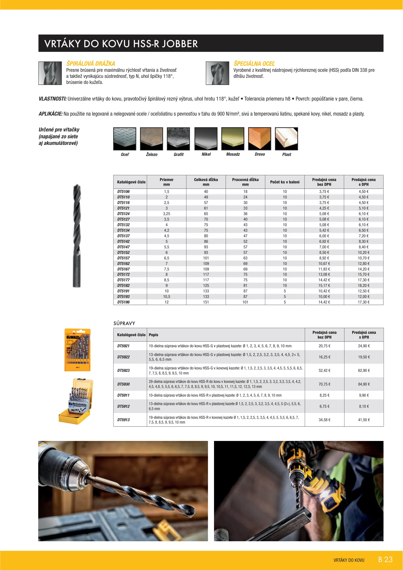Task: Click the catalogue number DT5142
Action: (123, 241)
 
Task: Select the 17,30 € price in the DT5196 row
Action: (363, 302)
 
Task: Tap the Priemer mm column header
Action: (167, 182)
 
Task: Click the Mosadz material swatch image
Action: (233, 139)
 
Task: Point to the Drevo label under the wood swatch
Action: (260, 154)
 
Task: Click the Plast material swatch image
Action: (286, 139)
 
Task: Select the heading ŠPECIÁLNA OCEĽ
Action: (254, 64)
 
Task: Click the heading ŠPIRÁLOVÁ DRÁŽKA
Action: (91, 64)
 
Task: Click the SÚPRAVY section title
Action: (124, 323)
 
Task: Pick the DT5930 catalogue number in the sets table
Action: (123, 384)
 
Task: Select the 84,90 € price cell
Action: (364, 384)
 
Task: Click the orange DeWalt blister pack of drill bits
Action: (77, 350)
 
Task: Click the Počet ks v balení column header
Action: (285, 182)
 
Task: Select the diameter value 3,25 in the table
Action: (167, 214)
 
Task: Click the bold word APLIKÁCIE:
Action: (51, 114)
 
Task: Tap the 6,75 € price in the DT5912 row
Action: (324, 406)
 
